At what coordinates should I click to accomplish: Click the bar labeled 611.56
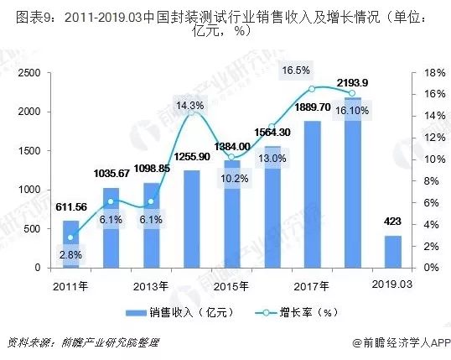[x=70, y=244]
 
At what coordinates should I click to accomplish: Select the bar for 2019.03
[x=393, y=252]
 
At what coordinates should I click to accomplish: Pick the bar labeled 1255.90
[x=192, y=219]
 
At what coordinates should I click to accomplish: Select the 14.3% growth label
[x=190, y=106]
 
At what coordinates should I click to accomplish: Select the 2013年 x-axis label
[x=151, y=285]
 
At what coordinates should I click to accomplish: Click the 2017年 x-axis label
[x=312, y=285]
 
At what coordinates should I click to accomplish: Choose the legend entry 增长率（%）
[x=289, y=312]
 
